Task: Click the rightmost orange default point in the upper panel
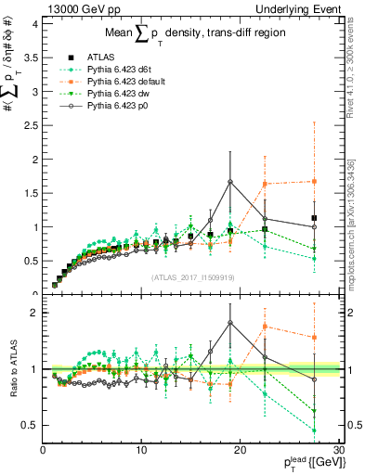point(315,181)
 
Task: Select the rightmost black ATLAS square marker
point(315,218)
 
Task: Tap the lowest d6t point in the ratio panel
point(315,430)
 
